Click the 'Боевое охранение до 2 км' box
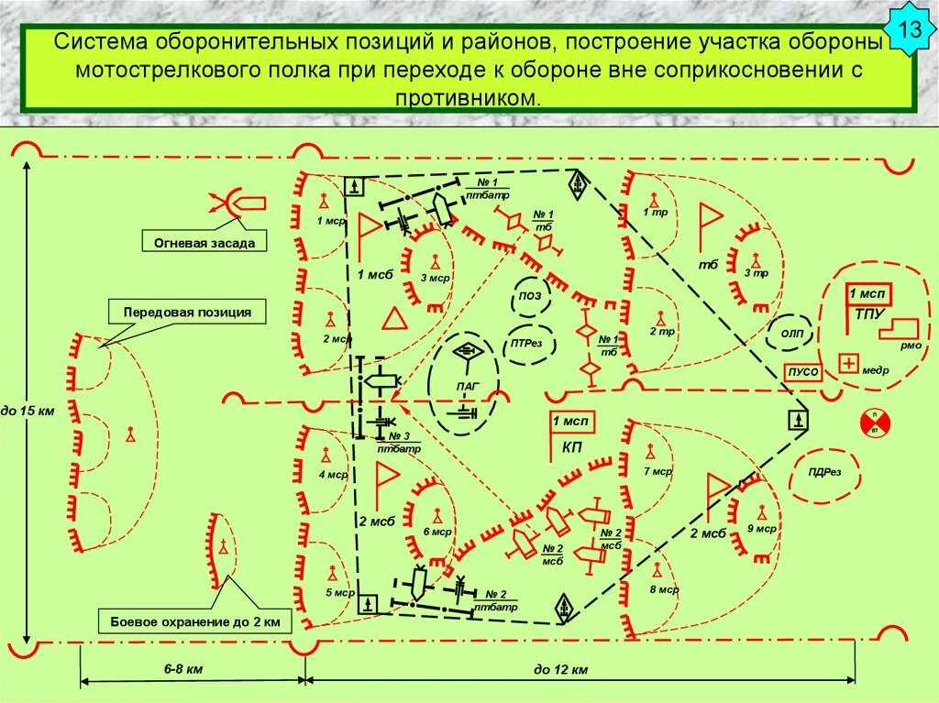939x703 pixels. tap(194, 622)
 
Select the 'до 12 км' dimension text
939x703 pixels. tap(560, 670)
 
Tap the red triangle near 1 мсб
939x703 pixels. tap(394, 319)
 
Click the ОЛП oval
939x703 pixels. tap(790, 333)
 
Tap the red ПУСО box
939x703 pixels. tap(801, 372)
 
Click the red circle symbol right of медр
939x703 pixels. tap(874, 422)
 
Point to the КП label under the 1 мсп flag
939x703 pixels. tap(572, 446)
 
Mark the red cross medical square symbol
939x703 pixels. tap(849, 364)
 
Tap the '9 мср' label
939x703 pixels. tap(760, 529)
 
